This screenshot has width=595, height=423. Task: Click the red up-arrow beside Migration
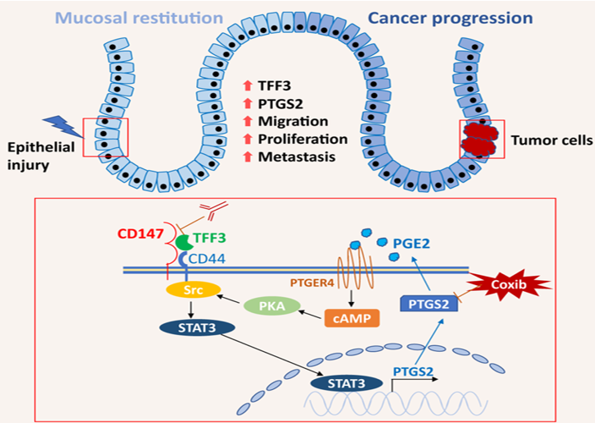coord(247,120)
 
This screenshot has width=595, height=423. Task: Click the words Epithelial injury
coord(40,155)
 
